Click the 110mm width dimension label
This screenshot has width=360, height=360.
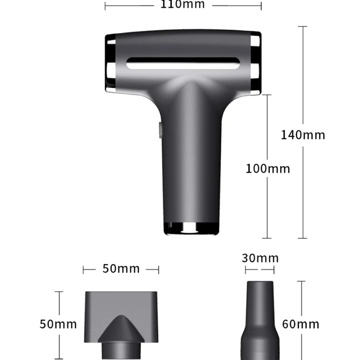click(183, 4)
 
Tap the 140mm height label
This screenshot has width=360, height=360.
click(303, 135)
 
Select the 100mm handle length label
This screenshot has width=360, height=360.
click(268, 169)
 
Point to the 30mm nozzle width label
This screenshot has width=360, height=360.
click(260, 258)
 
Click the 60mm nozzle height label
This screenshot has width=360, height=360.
click(301, 324)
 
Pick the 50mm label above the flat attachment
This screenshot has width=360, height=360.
click(121, 269)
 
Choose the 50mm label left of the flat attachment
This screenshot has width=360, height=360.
click(58, 324)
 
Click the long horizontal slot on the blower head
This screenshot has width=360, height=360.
click(183, 63)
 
